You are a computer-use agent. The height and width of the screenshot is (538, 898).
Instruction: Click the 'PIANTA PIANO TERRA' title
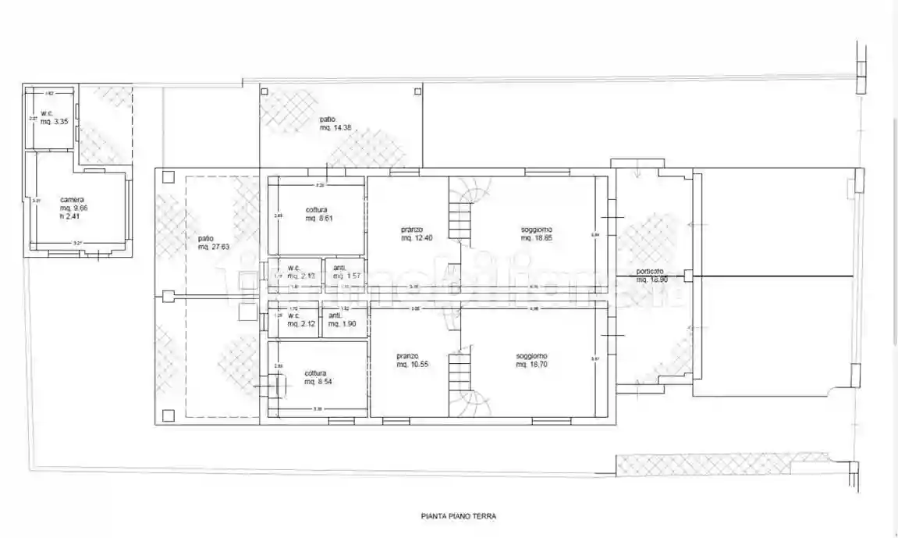(458, 516)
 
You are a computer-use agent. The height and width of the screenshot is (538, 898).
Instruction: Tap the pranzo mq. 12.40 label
(412, 233)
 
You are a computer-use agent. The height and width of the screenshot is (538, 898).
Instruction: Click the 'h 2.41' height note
(70, 217)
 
